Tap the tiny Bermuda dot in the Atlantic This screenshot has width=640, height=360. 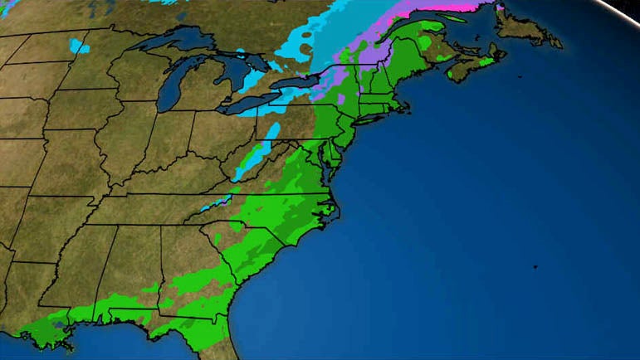pos(535,267)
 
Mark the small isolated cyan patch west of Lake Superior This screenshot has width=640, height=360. pos(79,46)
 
